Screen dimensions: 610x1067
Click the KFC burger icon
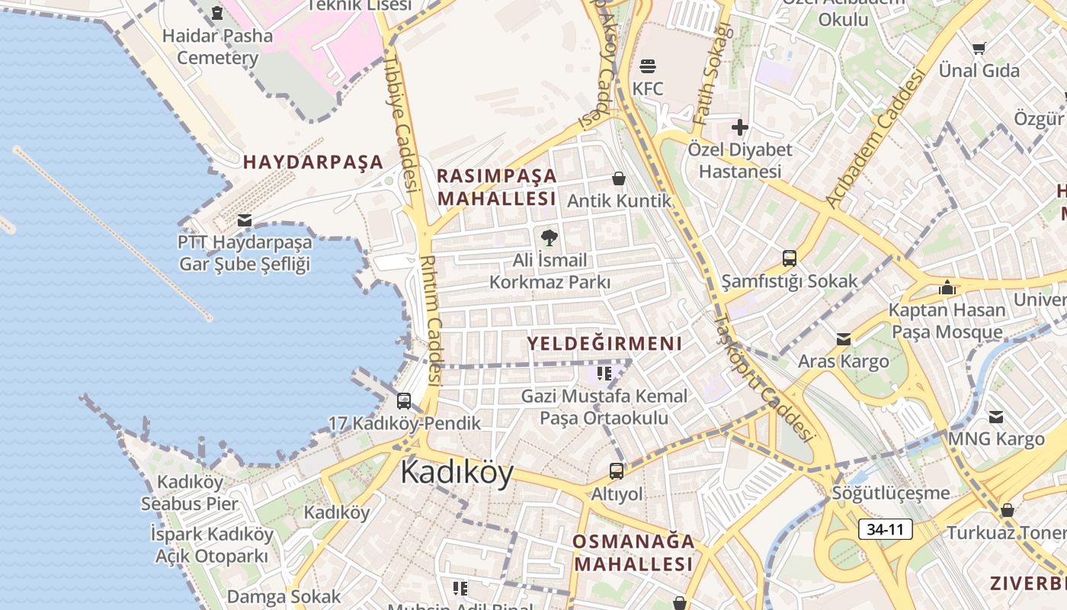click(648, 66)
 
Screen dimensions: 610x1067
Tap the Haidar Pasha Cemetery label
click(218, 47)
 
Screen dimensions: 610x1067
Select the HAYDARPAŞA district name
click(313, 162)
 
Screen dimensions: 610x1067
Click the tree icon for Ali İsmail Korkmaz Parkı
click(550, 238)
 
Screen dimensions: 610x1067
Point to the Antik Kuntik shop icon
click(619, 179)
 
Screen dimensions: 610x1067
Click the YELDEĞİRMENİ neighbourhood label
click(604, 344)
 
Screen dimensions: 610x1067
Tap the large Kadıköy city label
click(457, 472)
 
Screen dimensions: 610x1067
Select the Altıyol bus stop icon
click(617, 471)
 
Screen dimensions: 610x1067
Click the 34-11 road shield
click(885, 528)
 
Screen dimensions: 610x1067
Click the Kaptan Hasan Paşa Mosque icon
click(947, 287)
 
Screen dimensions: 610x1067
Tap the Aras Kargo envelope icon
click(844, 339)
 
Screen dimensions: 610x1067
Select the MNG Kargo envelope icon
click(996, 417)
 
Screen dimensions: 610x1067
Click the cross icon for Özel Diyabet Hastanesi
click(740, 127)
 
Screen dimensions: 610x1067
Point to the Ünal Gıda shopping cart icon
click(979, 48)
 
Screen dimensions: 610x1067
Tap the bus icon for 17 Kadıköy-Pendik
click(404, 400)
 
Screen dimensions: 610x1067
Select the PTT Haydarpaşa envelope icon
click(245, 220)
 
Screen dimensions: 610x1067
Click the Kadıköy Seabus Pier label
click(190, 493)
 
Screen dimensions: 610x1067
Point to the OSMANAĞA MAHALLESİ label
click(633, 553)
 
